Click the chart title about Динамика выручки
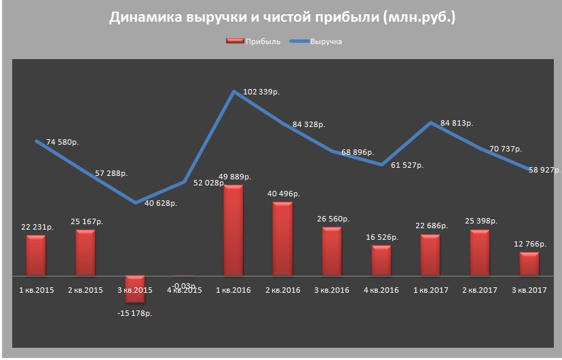(x=282, y=18)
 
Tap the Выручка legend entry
(x=316, y=41)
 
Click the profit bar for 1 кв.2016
(x=233, y=230)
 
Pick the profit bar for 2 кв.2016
(x=282, y=238)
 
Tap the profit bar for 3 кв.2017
(x=529, y=264)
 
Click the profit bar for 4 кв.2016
(x=381, y=260)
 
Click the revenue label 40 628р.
(x=162, y=203)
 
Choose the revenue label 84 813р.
(x=456, y=123)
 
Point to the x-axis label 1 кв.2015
(x=36, y=290)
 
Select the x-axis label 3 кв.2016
(x=331, y=290)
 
